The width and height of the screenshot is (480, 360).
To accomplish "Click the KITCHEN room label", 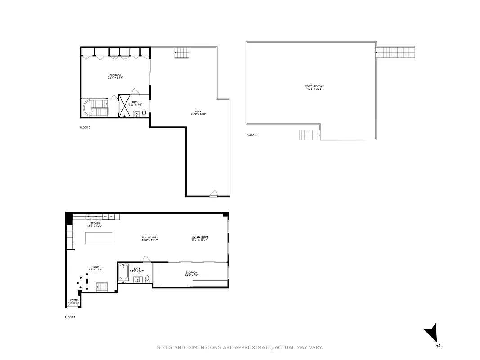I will (x=95, y=224).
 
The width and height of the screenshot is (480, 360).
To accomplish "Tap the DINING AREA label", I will (x=150, y=238).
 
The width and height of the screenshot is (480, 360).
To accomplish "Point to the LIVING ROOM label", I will (x=199, y=237).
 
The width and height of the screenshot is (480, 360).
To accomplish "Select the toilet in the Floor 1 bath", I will (x=147, y=279).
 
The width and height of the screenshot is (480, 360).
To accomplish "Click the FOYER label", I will (x=73, y=300).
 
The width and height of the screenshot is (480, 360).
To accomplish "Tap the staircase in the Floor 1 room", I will (x=102, y=287).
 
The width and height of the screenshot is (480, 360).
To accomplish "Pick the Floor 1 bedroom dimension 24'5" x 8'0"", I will (x=191, y=275).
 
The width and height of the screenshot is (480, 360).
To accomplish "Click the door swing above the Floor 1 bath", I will (x=146, y=259).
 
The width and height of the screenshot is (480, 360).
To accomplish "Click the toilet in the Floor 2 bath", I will (x=144, y=113).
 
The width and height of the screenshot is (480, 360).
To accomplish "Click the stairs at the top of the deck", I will (x=182, y=53).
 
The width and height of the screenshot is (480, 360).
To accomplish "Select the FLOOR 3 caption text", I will (x=251, y=135).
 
